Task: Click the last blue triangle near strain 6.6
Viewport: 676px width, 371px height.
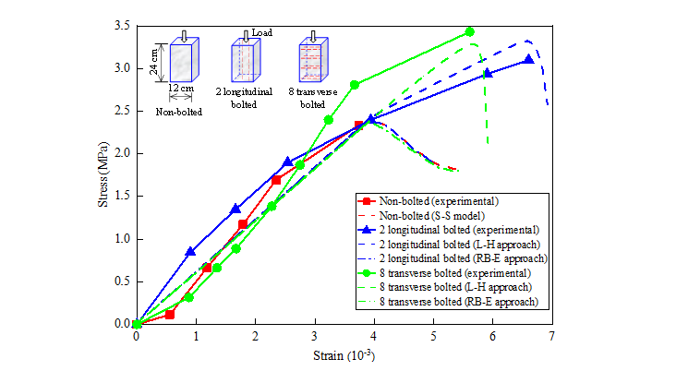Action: point(528,59)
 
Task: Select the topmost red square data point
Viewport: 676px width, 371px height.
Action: point(359,126)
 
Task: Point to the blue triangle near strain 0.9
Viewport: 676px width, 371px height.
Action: point(190,251)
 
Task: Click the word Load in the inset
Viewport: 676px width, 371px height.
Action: point(261,31)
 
